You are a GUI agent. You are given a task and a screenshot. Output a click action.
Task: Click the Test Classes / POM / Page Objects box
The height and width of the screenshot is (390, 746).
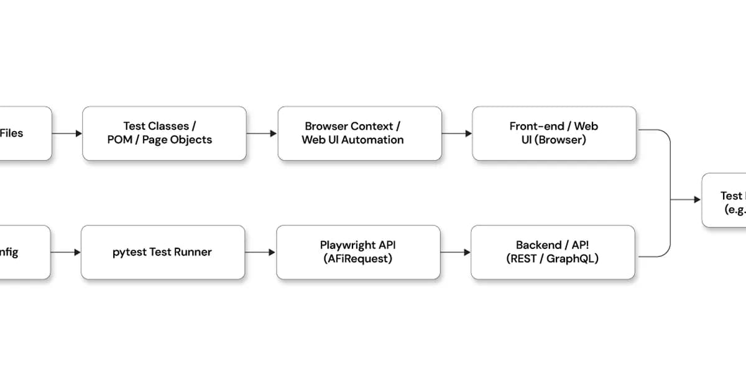point(164,134)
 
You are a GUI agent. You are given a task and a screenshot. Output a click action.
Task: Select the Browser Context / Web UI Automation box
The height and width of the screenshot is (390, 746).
point(359,134)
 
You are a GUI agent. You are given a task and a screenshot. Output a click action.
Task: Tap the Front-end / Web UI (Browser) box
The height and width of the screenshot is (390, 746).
point(554,134)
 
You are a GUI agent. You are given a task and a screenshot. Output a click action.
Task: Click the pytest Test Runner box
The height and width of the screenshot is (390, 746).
point(163,252)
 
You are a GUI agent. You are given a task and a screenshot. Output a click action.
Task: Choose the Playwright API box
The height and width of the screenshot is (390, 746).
point(358,252)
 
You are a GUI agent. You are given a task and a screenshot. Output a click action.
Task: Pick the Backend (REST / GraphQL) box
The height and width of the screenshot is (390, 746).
point(553,252)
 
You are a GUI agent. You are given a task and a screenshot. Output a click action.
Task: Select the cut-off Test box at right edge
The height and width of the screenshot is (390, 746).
point(724,200)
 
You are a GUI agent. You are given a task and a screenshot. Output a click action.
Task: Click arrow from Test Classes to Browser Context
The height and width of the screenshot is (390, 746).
point(262,134)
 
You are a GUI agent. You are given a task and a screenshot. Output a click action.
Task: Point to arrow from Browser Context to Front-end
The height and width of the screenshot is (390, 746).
point(457,134)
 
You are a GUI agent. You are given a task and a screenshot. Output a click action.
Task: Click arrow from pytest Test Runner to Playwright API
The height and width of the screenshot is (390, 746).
point(260,252)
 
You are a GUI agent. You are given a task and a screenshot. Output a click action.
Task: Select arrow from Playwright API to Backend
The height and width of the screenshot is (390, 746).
point(456,252)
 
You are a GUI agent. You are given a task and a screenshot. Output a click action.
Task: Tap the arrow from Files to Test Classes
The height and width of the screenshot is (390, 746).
point(67,134)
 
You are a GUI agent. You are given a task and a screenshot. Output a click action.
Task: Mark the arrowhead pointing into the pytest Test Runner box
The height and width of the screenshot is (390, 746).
point(77,252)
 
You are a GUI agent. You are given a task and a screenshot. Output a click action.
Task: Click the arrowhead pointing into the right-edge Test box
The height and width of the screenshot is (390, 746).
point(697,200)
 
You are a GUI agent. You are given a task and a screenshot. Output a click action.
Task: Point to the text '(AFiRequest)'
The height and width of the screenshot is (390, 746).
point(358,259)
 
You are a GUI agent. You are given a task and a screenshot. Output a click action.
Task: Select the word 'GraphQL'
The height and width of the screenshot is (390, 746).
point(573,259)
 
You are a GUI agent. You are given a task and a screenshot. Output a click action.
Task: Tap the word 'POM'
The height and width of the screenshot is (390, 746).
point(119,140)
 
